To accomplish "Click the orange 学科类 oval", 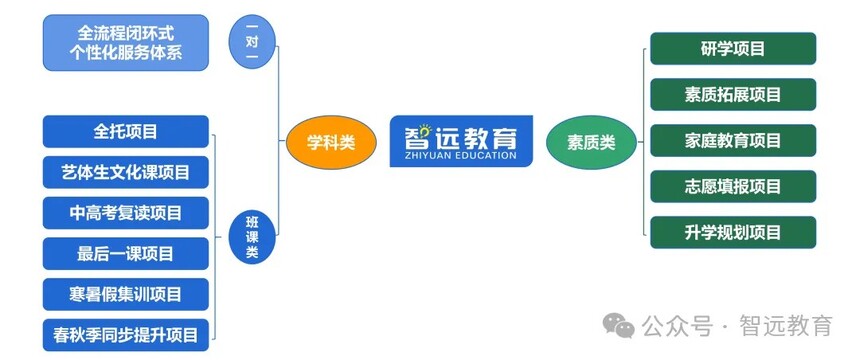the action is [331, 142].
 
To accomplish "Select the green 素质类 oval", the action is [591, 142].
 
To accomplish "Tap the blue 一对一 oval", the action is [252, 42].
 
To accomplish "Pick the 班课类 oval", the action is [252, 237].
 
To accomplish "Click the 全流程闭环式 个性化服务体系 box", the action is [126, 42].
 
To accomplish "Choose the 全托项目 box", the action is [126, 131].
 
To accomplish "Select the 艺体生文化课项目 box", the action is [126, 172].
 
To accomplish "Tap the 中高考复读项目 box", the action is [126, 212].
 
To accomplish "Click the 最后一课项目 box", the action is [126, 254].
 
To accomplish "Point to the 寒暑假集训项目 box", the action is [126, 294].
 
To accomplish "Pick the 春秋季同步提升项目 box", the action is [126, 335].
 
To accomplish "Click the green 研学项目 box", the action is [733, 48].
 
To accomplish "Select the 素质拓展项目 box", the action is [733, 94].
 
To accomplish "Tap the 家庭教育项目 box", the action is [733, 140].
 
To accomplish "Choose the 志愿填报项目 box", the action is [733, 186].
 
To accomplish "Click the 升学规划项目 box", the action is [733, 232].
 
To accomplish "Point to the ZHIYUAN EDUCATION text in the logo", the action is [461, 155].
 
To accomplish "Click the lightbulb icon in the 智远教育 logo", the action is [425, 130].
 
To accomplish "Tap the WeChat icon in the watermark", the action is [619, 325].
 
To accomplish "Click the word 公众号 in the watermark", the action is [677, 326].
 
